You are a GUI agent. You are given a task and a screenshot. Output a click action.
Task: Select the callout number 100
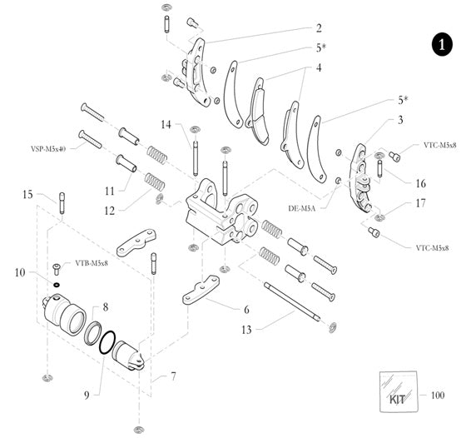[439, 394]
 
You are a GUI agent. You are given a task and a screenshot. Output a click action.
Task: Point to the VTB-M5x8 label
[92, 263]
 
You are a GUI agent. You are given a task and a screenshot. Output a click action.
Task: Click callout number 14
[166, 125]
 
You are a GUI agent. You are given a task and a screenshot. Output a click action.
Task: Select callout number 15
[27, 194]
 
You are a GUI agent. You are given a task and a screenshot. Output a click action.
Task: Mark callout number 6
[246, 308]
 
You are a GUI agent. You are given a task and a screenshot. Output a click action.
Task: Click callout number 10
[20, 272]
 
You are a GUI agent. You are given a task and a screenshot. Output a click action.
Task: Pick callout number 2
[319, 27]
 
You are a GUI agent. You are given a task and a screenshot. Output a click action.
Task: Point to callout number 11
[109, 191]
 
